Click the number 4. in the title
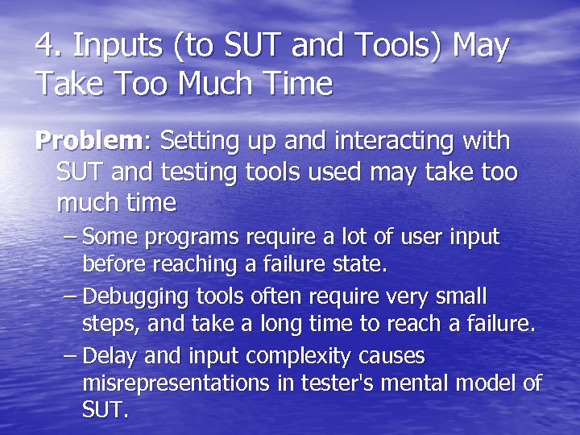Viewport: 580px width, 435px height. [49, 47]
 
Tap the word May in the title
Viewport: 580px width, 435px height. [481, 47]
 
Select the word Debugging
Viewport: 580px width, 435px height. [130, 297]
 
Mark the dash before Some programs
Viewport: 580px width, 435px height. [71, 238]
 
